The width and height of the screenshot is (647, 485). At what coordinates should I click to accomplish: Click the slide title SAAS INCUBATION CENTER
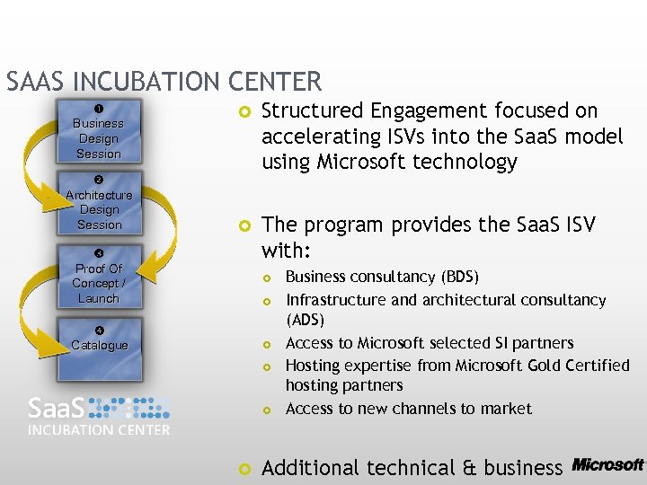coord(164,82)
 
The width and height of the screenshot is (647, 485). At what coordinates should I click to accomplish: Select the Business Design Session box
coord(98,138)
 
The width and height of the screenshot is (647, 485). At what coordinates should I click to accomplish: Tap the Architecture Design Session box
coord(99,209)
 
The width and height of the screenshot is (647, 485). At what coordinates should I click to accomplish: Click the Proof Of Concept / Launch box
coord(99,282)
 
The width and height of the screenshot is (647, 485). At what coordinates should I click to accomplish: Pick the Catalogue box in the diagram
coord(99,346)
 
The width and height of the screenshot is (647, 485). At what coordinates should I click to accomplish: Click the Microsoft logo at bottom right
coord(607,464)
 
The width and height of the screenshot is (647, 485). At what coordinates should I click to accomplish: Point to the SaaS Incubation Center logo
coord(99,415)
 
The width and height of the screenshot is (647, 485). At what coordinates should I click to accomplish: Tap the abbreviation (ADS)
coord(305,320)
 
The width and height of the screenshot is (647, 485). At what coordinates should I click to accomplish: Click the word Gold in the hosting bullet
coord(524,366)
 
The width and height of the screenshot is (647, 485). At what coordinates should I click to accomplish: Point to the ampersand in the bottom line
coord(467,467)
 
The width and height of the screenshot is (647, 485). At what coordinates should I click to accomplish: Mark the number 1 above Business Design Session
coord(98,109)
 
